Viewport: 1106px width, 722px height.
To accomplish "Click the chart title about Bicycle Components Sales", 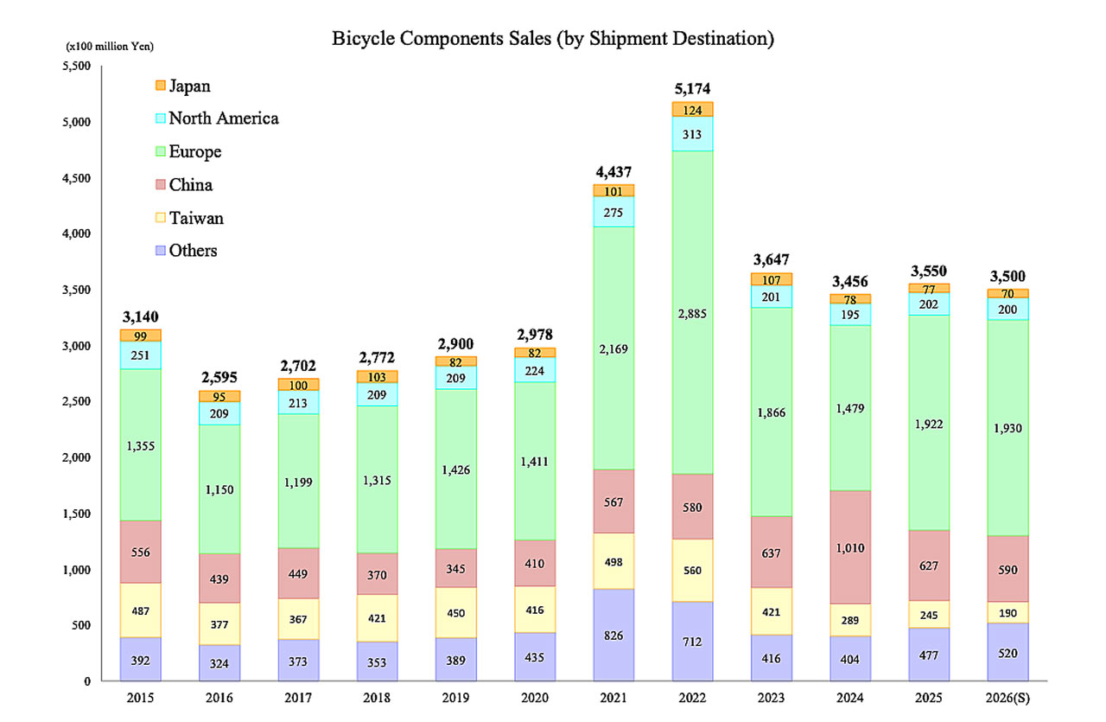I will coord(552,39).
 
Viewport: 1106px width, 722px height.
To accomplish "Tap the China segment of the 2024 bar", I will coord(849,546).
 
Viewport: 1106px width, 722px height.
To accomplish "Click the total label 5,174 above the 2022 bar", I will coord(693,88).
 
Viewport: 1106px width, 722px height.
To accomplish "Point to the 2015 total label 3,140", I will coord(140,316).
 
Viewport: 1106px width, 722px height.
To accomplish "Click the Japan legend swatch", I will coord(159,86).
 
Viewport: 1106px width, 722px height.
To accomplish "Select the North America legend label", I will coord(224,118).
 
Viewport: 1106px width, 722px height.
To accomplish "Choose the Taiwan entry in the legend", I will coord(196,218).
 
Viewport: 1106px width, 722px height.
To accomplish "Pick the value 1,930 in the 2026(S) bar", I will coord(1006,428).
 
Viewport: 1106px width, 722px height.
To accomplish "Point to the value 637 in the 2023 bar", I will coord(772,552).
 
